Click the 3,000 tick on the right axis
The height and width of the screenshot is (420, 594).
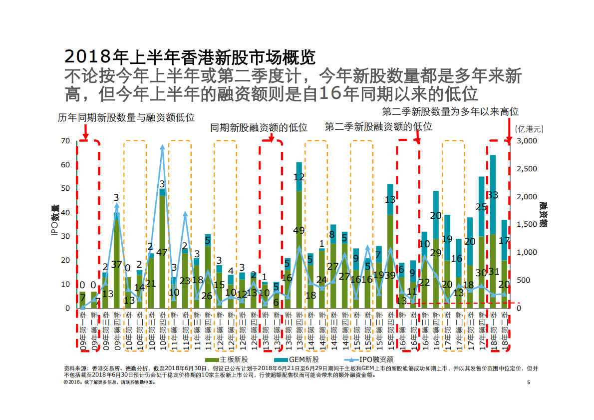527,141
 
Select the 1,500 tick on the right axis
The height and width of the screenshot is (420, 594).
527,225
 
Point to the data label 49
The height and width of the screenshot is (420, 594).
299,230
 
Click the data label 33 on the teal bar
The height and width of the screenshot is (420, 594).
493,195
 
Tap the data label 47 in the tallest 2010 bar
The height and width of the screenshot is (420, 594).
162,253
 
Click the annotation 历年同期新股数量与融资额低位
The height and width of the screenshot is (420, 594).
126,118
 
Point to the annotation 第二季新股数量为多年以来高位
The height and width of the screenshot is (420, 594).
450,111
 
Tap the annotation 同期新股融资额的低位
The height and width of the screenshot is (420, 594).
259,128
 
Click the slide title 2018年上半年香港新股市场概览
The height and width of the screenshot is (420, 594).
190,57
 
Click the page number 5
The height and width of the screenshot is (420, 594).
528,383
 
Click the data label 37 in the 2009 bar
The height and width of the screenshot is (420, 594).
117,264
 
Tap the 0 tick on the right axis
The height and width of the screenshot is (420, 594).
519,308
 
